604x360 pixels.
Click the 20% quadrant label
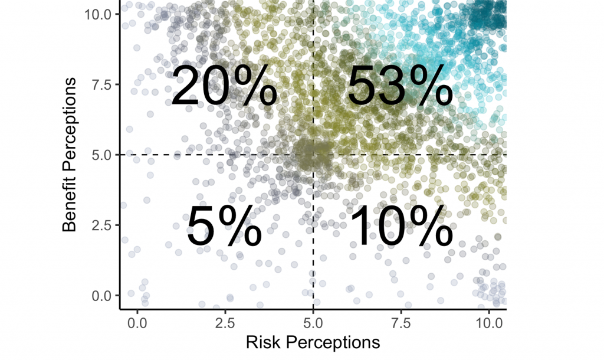point(224,86)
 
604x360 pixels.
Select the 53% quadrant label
point(399,86)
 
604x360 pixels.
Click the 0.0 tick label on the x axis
point(137,324)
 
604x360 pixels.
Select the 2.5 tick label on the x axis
point(225,324)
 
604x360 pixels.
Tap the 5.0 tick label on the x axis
point(313,324)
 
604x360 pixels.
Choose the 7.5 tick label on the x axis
point(401,324)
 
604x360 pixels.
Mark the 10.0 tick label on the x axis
point(488,324)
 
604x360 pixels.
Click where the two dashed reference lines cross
point(313,155)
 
